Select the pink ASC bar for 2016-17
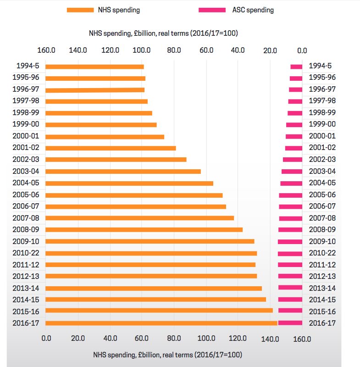(x=290, y=323)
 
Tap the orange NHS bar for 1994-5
(x=94, y=67)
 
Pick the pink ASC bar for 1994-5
(x=296, y=67)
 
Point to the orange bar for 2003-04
(x=123, y=171)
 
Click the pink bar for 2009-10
(x=290, y=241)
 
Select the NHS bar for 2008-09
(x=144, y=229)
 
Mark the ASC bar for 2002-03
(x=293, y=160)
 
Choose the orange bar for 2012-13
(x=151, y=276)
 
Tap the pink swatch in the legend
(x=212, y=10)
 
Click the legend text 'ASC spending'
(x=254, y=10)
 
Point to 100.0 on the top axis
(x=142, y=50)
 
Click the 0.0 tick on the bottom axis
(x=46, y=339)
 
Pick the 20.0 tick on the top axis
(x=270, y=50)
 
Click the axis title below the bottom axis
(x=167, y=355)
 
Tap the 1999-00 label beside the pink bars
(x=322, y=124)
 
